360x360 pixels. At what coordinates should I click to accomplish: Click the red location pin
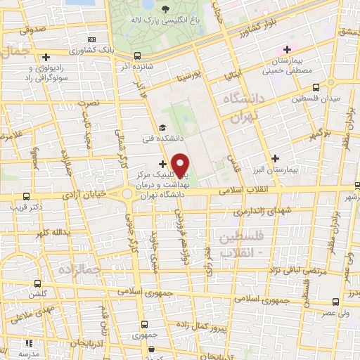tap(181, 165)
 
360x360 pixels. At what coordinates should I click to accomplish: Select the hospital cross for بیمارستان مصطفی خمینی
tap(286, 49)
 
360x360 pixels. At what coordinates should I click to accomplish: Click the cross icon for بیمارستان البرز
tap(275, 159)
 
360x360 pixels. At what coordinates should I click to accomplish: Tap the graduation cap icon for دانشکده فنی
tap(163, 128)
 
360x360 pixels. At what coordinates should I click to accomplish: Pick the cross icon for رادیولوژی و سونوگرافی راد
tap(46, 57)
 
